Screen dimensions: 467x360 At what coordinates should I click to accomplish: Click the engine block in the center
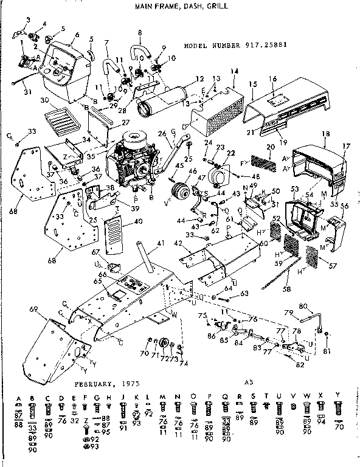pos(134,161)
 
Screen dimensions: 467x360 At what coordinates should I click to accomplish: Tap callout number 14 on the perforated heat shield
pos(234,72)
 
